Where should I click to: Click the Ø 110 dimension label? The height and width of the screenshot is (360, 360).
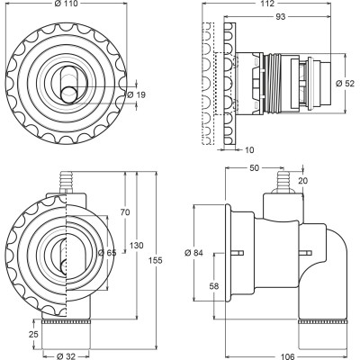click(66, 4)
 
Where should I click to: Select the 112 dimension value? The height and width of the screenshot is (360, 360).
click(268, 4)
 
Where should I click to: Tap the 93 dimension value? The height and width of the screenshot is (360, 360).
click(280, 17)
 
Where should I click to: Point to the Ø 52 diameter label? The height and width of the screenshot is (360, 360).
click(346, 83)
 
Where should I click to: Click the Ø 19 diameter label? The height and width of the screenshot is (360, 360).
click(137, 94)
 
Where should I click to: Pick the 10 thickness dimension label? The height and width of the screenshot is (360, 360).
click(248, 149)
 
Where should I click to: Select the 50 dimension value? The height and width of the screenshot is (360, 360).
click(254, 168)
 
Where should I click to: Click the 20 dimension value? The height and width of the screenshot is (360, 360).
click(302, 181)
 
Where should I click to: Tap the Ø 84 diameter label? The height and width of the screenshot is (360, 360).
click(193, 253)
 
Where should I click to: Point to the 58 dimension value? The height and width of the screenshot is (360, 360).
click(214, 286)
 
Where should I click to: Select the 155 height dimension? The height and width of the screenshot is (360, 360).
click(156, 260)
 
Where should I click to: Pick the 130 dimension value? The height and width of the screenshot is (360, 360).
click(137, 246)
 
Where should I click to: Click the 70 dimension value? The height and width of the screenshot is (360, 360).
click(125, 212)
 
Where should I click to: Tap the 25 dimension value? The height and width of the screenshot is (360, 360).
click(34, 334)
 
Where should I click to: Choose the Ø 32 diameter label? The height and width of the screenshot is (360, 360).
click(66, 356)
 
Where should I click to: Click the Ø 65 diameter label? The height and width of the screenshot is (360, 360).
click(107, 253)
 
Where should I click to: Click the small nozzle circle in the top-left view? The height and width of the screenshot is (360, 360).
click(70, 94)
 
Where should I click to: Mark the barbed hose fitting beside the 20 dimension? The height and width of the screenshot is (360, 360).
click(283, 182)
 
